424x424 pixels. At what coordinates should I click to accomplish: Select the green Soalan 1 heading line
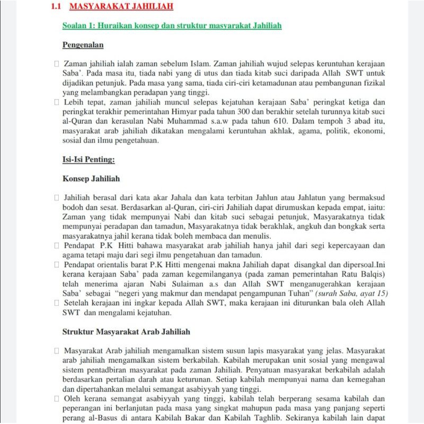[172, 25]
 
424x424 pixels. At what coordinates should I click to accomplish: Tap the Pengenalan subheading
[83, 45]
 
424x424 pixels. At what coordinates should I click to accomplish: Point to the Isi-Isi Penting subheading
[89, 159]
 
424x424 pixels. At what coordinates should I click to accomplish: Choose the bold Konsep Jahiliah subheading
[91, 179]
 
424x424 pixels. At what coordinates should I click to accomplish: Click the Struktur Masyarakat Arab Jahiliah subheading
[126, 332]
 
